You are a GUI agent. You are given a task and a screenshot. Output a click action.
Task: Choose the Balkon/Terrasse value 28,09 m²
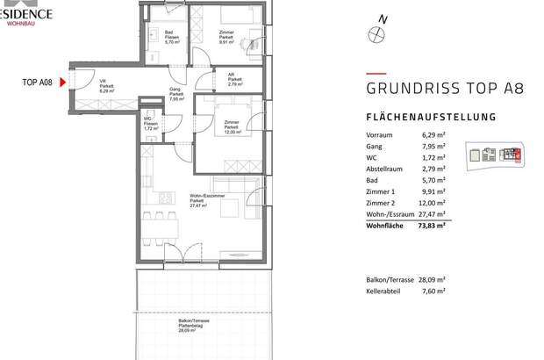(429, 280)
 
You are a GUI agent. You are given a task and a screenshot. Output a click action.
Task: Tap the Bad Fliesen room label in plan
(172, 37)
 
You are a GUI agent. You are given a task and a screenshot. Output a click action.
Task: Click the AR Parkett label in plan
(232, 78)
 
